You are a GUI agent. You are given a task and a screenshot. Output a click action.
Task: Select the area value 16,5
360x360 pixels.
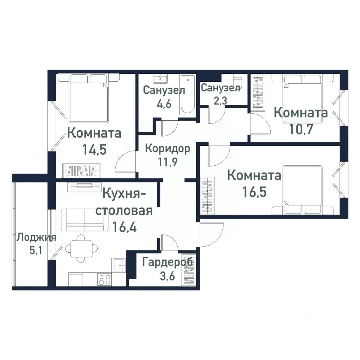click(x=254, y=193)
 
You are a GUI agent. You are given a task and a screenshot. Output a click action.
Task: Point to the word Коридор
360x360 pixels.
click(x=167, y=148)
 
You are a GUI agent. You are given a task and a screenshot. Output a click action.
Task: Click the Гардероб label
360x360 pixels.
click(x=168, y=262)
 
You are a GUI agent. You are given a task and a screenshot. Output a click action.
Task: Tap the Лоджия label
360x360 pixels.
click(x=36, y=237)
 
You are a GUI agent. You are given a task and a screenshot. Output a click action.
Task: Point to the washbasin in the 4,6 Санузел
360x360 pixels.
click(x=161, y=78)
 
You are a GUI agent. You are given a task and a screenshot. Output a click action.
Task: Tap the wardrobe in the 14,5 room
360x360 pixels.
click(x=81, y=170)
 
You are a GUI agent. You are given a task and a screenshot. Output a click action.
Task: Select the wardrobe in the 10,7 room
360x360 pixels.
click(x=258, y=93)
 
